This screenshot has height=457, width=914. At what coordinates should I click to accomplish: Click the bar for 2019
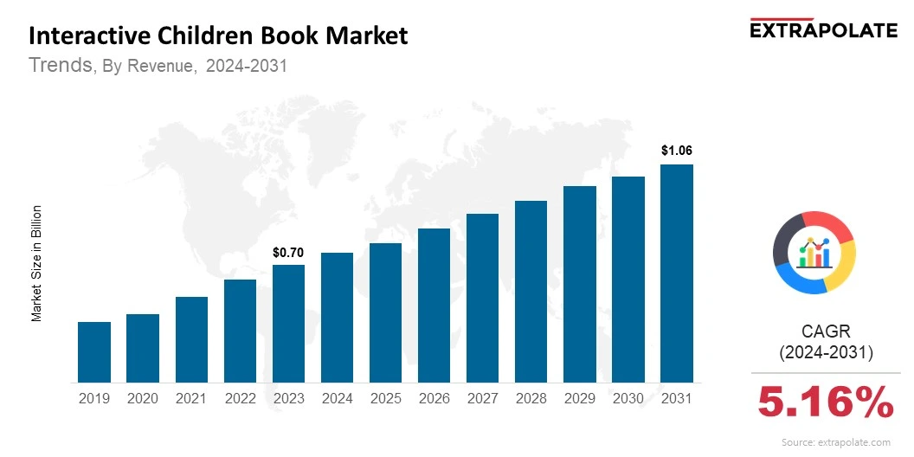94,351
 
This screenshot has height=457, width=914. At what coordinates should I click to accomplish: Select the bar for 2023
288,323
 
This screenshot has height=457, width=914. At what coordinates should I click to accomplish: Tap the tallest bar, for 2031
677,273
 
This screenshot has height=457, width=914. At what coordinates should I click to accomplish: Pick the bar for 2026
434,305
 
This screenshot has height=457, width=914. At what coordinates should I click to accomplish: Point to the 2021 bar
191,339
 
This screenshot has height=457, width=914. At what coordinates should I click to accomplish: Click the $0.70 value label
288,253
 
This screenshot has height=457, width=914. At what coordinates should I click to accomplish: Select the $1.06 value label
677,151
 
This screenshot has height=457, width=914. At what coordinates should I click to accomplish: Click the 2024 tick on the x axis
337,398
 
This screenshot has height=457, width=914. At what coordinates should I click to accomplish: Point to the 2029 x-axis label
580,398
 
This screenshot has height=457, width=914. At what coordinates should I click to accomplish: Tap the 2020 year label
143,398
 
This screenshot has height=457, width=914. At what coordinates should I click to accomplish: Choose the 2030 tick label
628,398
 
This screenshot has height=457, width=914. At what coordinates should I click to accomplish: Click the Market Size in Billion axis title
37,263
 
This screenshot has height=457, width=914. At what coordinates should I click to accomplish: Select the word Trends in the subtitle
61,65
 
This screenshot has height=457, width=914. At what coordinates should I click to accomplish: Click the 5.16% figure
826,402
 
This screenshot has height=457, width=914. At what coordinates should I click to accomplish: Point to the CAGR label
826,331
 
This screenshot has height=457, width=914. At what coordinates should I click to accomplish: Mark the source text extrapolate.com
835,442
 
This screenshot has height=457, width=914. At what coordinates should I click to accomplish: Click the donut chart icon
814,252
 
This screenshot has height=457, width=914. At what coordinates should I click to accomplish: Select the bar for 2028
531,291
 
